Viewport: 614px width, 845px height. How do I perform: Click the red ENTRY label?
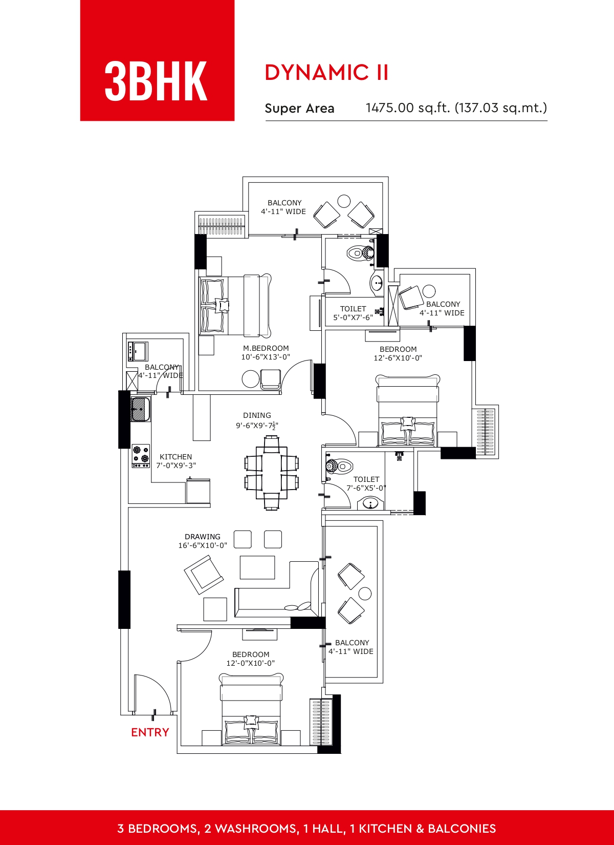tap(150, 732)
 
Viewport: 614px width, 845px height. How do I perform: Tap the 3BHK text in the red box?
tap(156, 81)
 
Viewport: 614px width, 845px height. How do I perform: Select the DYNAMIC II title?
tap(326, 72)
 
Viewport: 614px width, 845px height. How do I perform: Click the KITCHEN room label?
tap(176, 457)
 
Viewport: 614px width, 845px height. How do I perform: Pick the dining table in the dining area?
tap(271, 473)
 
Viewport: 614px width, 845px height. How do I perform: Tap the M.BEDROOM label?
tap(266, 348)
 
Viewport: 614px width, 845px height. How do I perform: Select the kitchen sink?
tap(140, 409)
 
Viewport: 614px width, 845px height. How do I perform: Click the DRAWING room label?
tap(203, 536)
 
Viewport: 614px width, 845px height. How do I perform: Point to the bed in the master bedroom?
tap(235, 305)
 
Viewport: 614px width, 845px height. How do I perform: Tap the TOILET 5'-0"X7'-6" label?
tap(353, 313)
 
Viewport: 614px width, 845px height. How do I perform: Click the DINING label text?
tap(257, 415)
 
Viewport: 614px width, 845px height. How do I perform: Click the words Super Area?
tap(299, 109)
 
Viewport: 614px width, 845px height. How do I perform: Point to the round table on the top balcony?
tap(344, 201)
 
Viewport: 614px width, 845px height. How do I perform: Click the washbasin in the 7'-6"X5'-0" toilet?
tap(370, 503)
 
